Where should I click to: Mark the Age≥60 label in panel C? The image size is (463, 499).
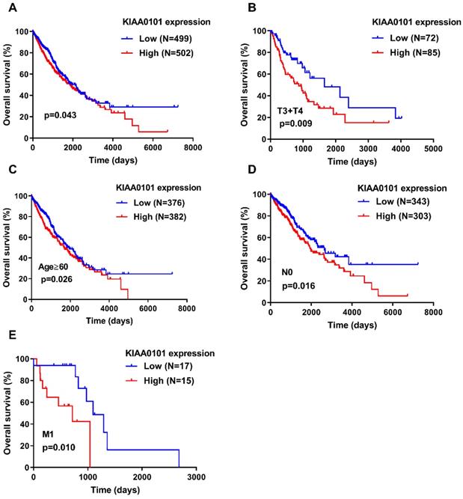(55, 266)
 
